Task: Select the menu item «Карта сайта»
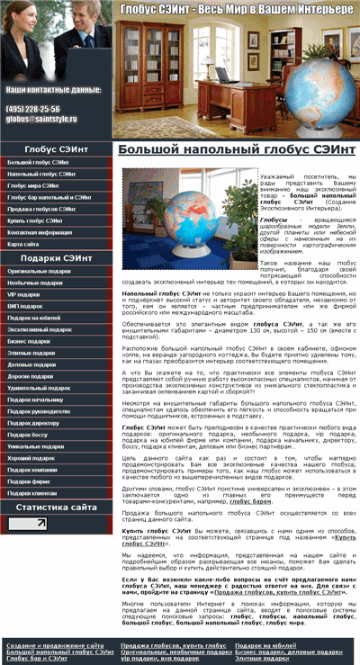[x=23, y=244]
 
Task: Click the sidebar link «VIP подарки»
[x=24, y=294]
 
